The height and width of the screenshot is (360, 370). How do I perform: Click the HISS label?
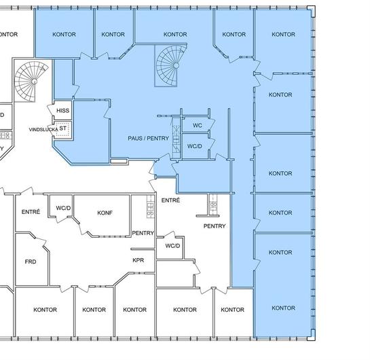(62, 111)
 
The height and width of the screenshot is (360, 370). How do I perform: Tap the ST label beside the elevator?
(62, 128)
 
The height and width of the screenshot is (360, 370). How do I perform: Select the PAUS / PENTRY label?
(149, 139)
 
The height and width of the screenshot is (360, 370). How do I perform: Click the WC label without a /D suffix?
(198, 126)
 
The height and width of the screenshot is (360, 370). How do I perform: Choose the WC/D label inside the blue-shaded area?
(195, 146)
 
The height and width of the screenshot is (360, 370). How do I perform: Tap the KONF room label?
(105, 213)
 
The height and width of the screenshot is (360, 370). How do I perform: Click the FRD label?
(31, 262)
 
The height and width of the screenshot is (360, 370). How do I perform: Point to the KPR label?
(138, 260)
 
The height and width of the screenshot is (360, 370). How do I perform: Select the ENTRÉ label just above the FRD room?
(31, 212)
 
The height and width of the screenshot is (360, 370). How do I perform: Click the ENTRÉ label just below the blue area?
(170, 200)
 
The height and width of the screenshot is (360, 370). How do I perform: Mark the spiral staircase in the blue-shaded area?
(170, 65)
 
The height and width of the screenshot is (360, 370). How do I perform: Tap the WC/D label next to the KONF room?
(63, 208)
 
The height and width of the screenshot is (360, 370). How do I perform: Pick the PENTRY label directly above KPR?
(143, 233)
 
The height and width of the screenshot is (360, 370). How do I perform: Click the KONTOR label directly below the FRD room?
(45, 310)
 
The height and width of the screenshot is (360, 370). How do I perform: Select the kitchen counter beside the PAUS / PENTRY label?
(176, 137)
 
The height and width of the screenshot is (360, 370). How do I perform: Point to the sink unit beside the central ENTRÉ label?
(213, 204)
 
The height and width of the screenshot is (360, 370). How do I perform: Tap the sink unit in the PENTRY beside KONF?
(151, 206)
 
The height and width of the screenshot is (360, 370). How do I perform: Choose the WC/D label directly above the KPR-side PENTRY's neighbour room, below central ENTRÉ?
(172, 246)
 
